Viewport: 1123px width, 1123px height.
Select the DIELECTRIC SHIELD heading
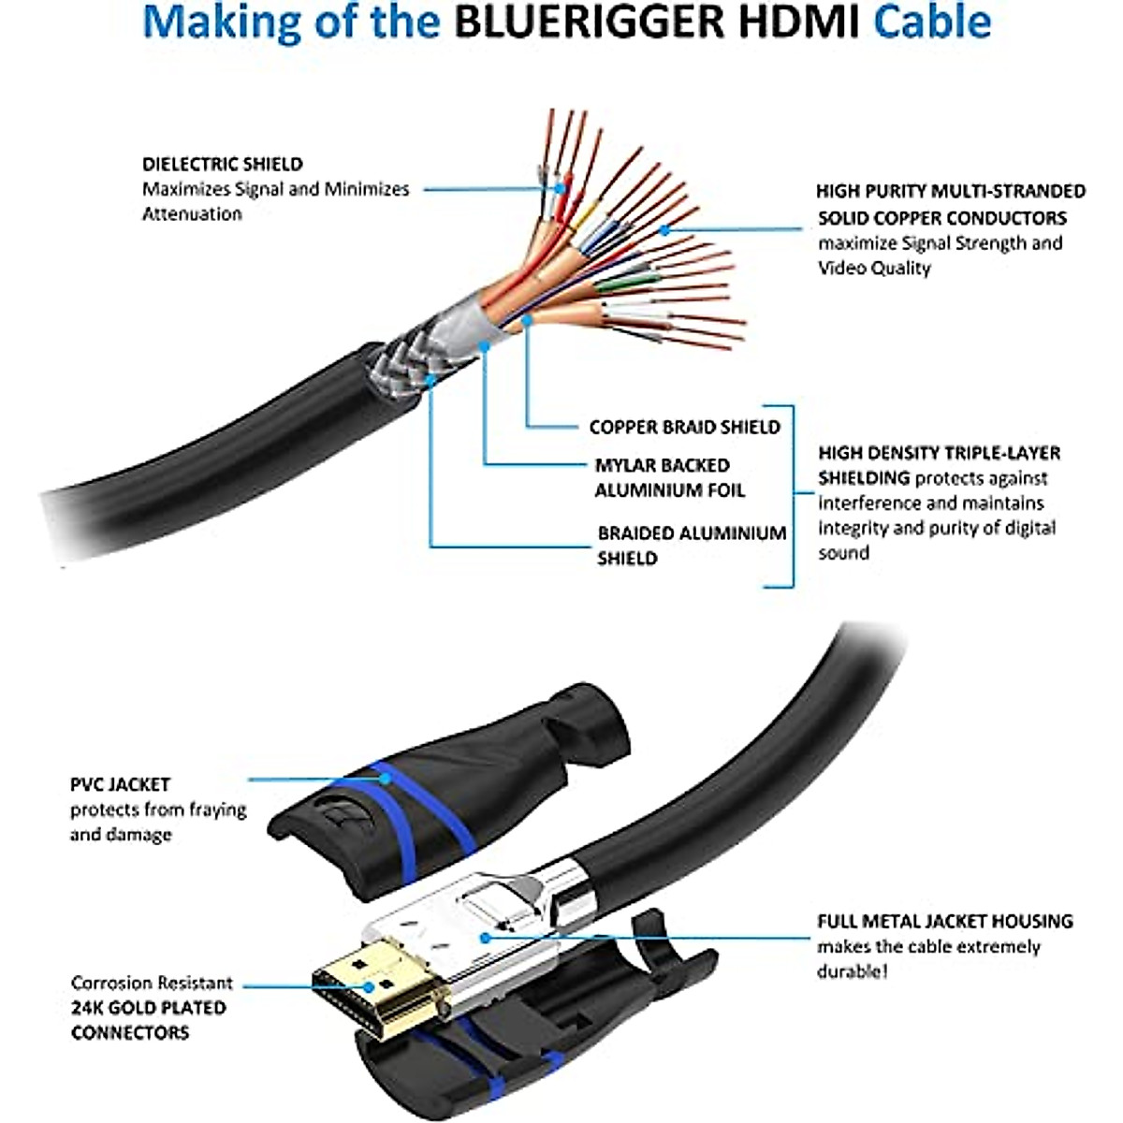click(x=223, y=164)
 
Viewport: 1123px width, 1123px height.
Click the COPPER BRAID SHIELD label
click(x=684, y=427)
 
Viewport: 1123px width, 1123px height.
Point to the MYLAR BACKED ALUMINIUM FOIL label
click(x=669, y=477)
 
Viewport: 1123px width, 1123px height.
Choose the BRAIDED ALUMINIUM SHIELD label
click(x=691, y=545)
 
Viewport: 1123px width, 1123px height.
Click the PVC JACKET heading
click(x=120, y=784)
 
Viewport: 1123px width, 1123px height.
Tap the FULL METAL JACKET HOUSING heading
click(x=944, y=921)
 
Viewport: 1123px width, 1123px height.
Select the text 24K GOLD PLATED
click(x=148, y=1008)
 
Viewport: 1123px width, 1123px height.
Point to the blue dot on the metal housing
click(x=484, y=936)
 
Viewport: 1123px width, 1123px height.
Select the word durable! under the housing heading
click(x=852, y=971)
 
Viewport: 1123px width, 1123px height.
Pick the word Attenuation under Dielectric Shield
click(x=192, y=213)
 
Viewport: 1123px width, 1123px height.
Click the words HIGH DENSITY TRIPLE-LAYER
click(x=939, y=453)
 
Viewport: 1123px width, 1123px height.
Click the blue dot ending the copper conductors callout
click(x=664, y=228)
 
